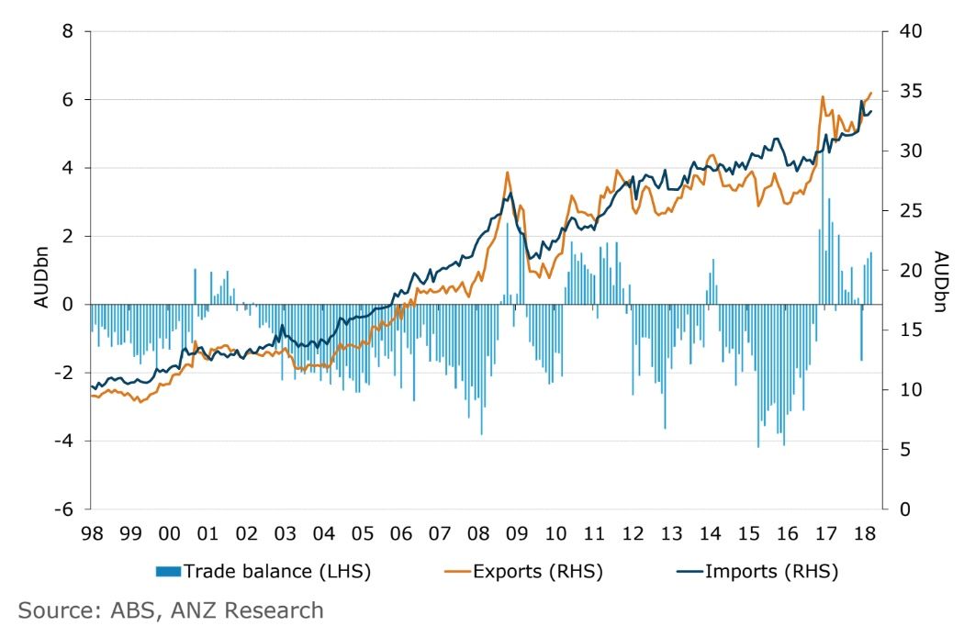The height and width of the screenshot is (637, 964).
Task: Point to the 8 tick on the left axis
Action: point(66,31)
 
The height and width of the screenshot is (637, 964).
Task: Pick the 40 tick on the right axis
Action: point(905,31)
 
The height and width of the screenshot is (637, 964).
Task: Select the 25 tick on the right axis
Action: point(905,211)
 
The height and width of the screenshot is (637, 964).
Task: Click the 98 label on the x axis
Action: point(90,532)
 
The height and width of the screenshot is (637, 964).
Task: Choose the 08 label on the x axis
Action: point(478,532)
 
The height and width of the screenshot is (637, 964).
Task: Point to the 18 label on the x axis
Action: point(864,532)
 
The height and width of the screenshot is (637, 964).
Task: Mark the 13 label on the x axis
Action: point(672,532)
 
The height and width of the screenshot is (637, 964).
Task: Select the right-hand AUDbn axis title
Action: point(939,281)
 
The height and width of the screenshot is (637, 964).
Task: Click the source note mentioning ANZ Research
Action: point(170,609)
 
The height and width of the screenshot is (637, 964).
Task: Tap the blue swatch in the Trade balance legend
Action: point(169,572)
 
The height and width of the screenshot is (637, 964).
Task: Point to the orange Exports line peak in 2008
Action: point(507,173)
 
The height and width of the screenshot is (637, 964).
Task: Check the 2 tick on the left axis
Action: point(66,236)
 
